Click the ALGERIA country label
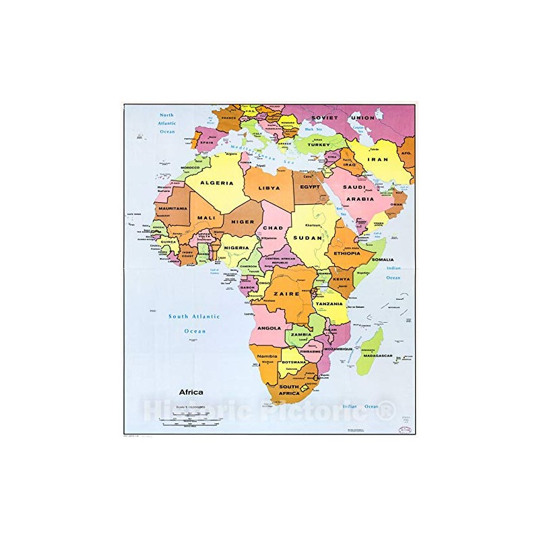[217, 183]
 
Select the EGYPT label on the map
[311, 187]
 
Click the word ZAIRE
[286, 294]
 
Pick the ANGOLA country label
[269, 328]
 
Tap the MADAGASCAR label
[377, 355]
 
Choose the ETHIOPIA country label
[347, 253]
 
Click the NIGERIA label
[237, 247]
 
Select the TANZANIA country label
[330, 304]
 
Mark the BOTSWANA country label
[294, 362]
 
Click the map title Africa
[191, 392]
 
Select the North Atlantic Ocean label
[166, 123]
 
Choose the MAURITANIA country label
[171, 209]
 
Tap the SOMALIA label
[383, 259]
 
